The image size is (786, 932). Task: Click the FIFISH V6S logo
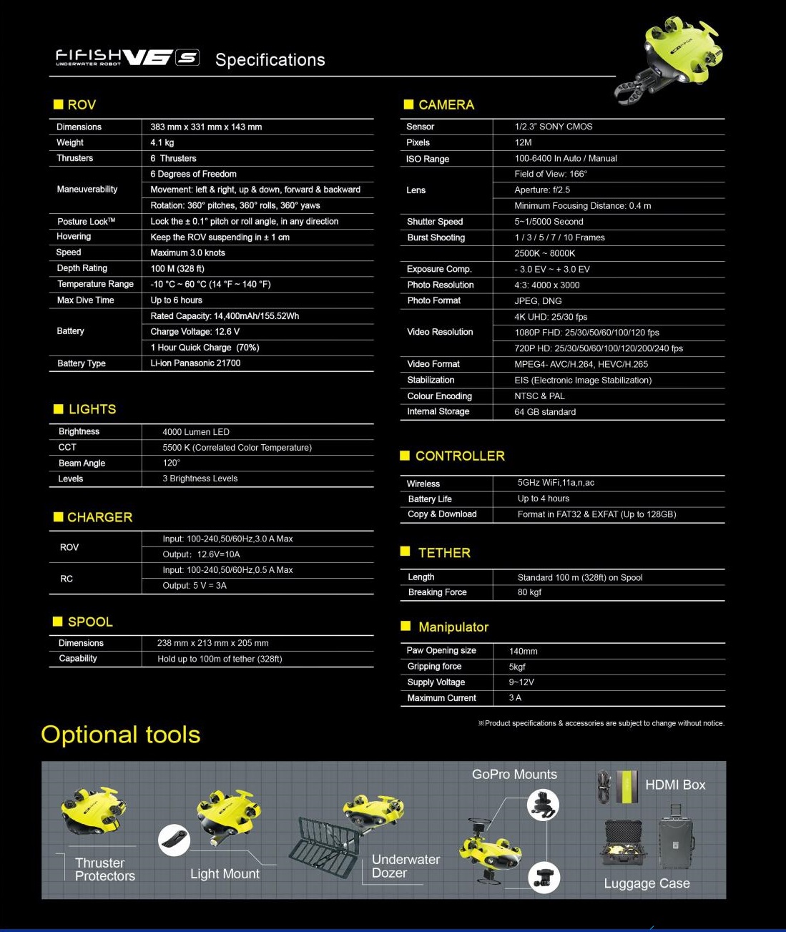point(127,58)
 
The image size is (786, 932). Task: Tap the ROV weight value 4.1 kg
point(162,142)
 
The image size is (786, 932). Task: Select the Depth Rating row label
point(82,268)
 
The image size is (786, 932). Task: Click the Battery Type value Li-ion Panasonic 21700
point(195,363)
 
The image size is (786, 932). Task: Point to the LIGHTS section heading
point(92,409)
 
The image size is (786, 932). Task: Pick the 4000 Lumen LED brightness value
point(196,432)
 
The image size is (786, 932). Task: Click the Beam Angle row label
point(82,463)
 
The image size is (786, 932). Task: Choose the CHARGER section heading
point(99,517)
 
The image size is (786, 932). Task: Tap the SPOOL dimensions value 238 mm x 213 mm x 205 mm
point(213,643)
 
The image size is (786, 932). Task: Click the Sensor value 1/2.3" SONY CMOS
point(554,127)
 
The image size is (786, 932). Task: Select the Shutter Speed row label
point(435,222)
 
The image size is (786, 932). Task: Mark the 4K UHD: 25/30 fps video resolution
point(551,317)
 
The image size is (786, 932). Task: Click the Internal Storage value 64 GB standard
point(545,412)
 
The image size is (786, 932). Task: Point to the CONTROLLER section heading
point(460,456)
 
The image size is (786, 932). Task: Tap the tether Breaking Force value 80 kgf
point(529,592)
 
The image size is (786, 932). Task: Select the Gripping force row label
point(434,667)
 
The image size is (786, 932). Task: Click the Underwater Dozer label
point(406,866)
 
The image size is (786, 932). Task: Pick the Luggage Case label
point(647,883)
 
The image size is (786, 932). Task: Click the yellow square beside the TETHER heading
point(406,551)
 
